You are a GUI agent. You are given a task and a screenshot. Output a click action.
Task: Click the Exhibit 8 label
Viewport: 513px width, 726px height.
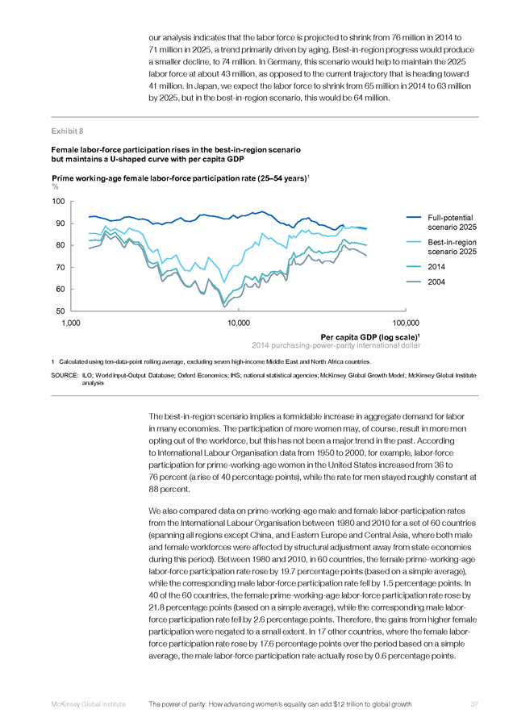point(67,131)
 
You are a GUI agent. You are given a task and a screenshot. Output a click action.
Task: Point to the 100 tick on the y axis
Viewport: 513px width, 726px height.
point(58,201)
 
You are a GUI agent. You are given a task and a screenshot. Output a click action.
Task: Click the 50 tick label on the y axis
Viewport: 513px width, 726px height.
point(60,311)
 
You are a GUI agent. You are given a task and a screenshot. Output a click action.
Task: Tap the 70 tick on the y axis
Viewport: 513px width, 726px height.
point(60,267)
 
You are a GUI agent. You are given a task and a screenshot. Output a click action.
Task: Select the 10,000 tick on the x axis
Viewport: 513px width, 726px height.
point(239,323)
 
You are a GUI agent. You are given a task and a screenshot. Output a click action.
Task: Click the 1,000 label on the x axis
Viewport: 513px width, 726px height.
point(71,323)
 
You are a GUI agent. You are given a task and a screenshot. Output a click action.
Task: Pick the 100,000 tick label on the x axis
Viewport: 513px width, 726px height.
point(406,323)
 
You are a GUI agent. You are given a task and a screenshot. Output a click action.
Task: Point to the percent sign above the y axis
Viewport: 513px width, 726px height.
point(55,186)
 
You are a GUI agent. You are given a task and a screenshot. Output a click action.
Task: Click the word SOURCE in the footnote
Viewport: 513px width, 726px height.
point(65,375)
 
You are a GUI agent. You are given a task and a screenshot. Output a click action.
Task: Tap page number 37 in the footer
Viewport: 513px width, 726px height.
point(474,704)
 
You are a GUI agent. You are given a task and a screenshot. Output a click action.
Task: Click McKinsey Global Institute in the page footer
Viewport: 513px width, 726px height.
point(88,704)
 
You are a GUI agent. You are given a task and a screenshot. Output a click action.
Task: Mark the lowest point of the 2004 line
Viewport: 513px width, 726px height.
point(224,307)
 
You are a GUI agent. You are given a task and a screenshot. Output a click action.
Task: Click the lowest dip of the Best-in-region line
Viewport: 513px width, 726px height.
point(224,282)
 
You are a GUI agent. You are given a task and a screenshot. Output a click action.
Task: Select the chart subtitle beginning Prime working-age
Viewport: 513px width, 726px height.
point(180,178)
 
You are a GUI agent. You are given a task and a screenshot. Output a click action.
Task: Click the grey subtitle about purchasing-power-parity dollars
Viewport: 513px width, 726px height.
point(336,345)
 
